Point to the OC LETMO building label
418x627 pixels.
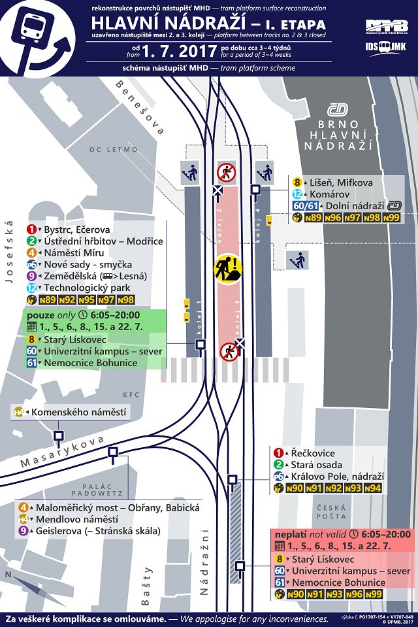(x=114, y=149)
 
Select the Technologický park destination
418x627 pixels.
(x=87, y=288)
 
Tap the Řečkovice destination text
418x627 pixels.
(x=313, y=452)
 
